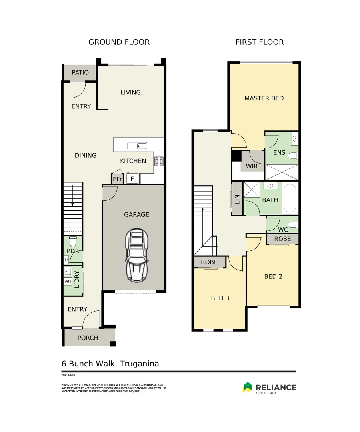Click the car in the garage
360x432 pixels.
tap(137, 255)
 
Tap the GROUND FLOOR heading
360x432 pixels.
tap(119, 42)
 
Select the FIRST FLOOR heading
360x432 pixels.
tap(259, 42)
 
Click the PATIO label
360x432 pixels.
tap(80, 73)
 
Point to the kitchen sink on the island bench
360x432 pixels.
tap(137, 146)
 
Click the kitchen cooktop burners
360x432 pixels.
tap(159, 161)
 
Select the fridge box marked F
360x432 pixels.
tap(132, 179)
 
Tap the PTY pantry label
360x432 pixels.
tap(117, 179)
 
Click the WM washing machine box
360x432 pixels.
tap(67, 281)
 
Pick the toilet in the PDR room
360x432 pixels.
tap(73, 242)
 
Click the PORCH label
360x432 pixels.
tap(88, 338)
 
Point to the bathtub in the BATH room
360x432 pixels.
tap(290, 198)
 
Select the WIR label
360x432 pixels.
tap(252, 166)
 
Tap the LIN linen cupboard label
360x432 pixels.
tap(237, 199)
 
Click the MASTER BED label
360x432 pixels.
tap(264, 98)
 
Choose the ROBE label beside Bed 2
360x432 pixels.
tap(282, 238)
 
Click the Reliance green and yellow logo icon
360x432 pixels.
tap(247, 387)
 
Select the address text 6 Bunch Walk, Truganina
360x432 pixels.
tap(110, 364)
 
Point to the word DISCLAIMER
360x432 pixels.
tap(68, 376)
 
